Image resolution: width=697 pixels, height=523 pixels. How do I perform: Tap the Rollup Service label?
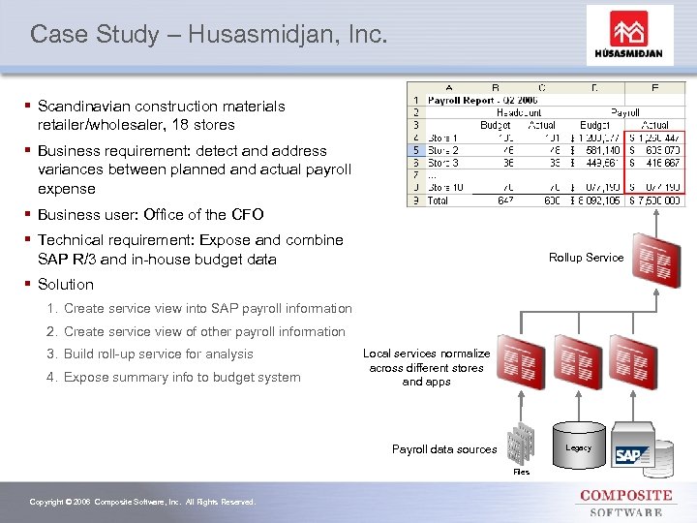click(586, 258)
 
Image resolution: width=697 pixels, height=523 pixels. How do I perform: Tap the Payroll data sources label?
click(444, 449)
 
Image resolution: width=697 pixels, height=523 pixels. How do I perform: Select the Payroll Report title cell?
click(471, 100)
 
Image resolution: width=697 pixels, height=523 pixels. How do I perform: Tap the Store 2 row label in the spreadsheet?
click(442, 150)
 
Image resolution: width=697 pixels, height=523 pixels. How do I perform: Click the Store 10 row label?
click(445, 187)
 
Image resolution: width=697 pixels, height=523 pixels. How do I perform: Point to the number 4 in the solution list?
click(50, 378)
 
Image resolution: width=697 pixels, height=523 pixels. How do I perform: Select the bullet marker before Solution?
click(30, 285)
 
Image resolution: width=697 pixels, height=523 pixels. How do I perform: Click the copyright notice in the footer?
click(142, 502)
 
